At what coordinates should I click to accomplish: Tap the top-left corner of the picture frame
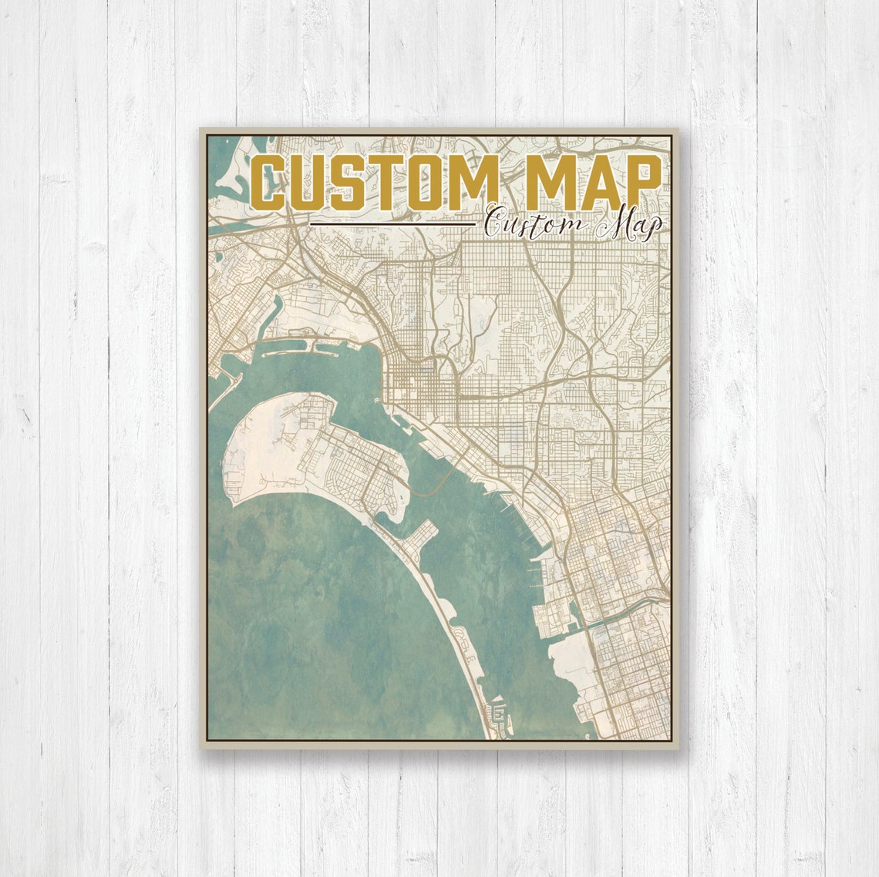click(202, 130)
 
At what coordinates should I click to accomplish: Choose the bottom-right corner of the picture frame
click(676, 745)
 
